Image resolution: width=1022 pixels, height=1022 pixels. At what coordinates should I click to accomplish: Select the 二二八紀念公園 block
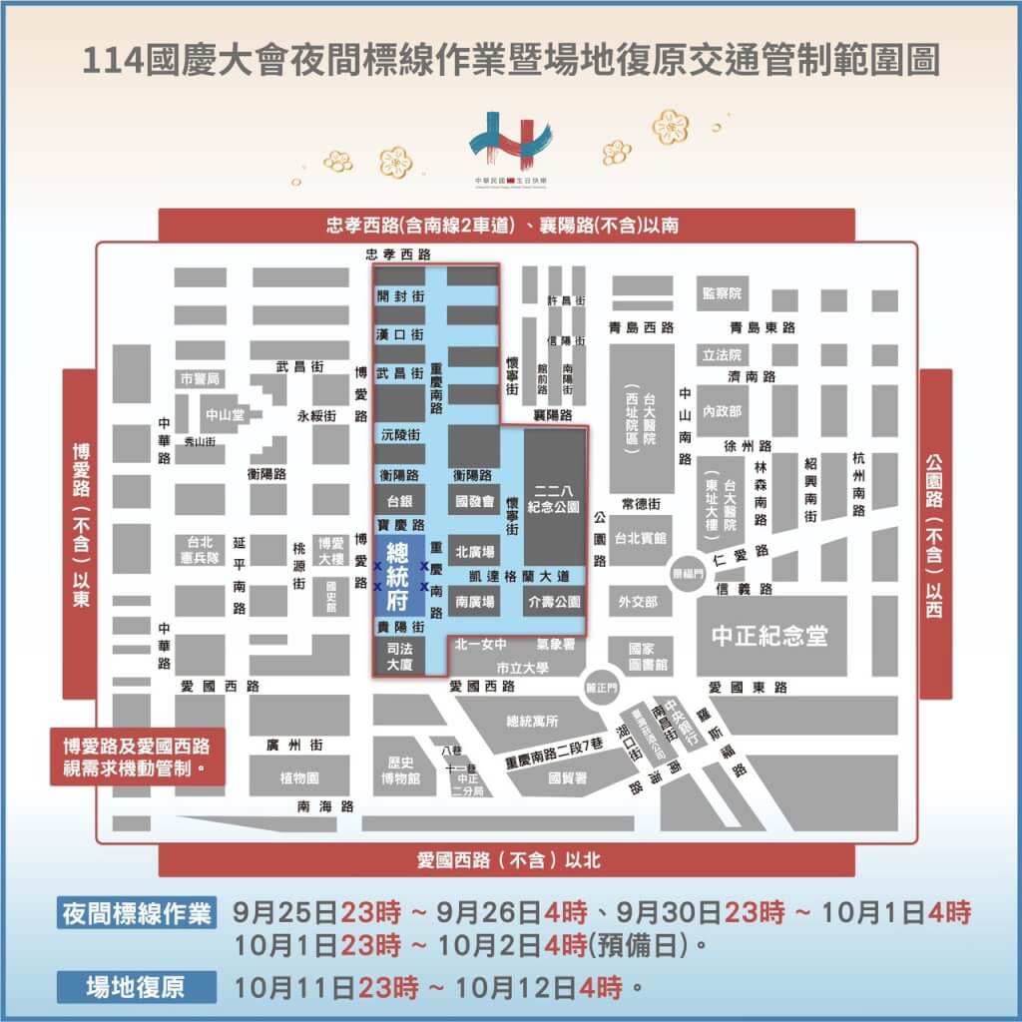tap(556, 499)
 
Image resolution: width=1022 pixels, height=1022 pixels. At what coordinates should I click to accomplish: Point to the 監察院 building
tap(722, 293)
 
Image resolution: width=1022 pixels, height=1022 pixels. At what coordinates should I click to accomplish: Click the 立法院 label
tap(722, 354)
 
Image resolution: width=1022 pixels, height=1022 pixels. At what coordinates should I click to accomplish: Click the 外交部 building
tap(637, 602)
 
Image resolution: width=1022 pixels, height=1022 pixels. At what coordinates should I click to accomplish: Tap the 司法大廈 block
tap(398, 656)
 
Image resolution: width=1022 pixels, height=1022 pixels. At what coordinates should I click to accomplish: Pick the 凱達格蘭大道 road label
tap(525, 576)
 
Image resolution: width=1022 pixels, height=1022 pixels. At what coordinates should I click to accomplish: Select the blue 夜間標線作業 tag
tap(137, 913)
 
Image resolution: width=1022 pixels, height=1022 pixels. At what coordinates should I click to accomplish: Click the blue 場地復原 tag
tap(137, 987)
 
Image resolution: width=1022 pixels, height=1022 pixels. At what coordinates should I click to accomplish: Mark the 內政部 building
tap(722, 410)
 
